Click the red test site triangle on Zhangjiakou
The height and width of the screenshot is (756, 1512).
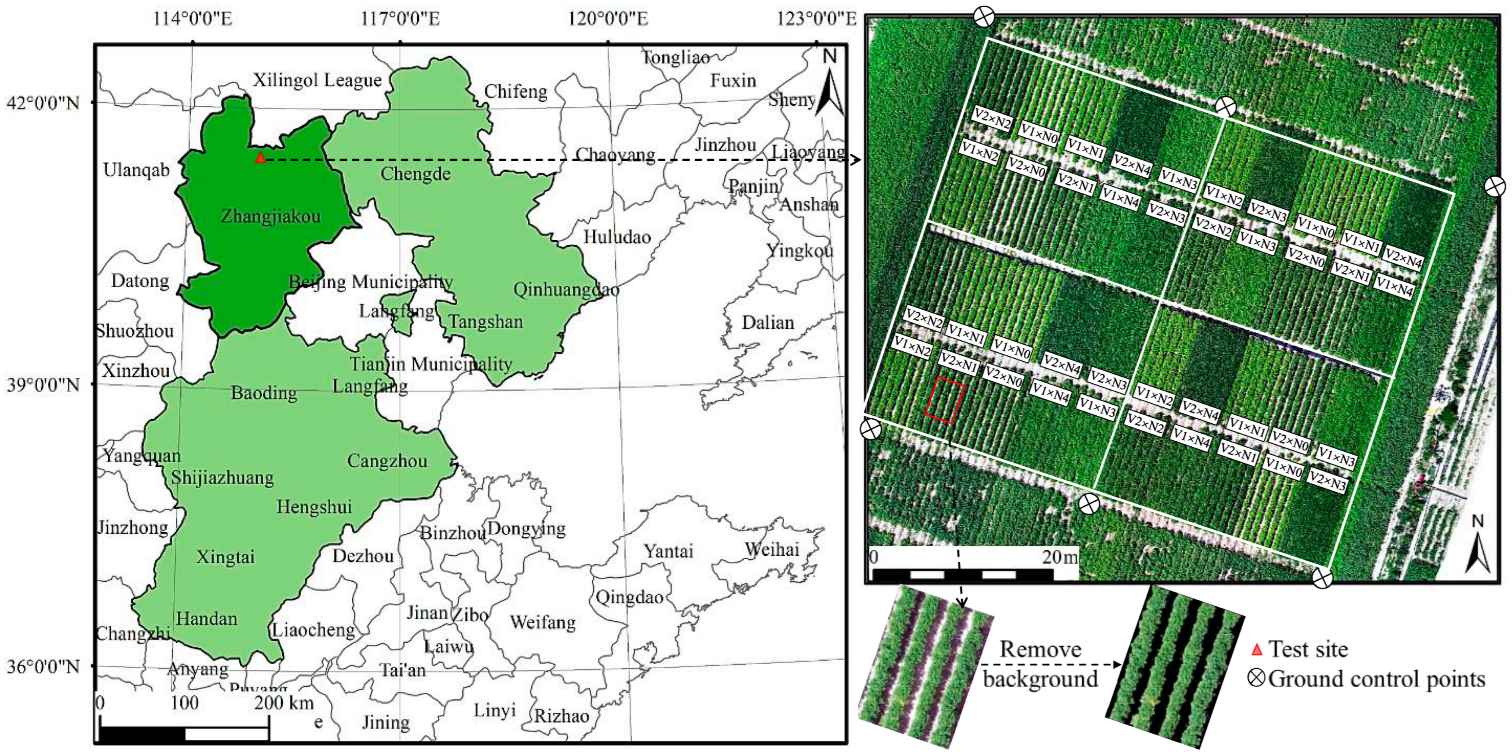click(x=261, y=157)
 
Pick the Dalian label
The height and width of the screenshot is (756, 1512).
click(x=768, y=322)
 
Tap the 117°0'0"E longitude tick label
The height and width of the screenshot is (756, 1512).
click(x=400, y=19)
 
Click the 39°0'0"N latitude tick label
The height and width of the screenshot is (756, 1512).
click(x=43, y=386)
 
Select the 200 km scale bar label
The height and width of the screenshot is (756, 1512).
click(x=284, y=703)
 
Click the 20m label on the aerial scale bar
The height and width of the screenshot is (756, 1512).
click(x=1060, y=557)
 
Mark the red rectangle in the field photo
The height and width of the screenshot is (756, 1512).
click(x=944, y=400)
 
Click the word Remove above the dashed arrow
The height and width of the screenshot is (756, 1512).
click(x=1040, y=649)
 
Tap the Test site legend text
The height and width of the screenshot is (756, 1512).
click(x=1308, y=649)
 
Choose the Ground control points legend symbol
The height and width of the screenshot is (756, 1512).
click(x=1256, y=679)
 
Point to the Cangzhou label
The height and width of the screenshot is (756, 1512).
click(x=387, y=461)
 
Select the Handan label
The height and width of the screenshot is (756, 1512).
click(x=207, y=619)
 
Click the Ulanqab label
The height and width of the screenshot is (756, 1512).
click(x=136, y=170)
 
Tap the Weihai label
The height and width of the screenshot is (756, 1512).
click(x=772, y=549)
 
